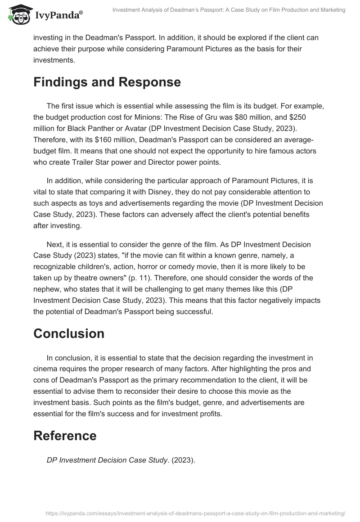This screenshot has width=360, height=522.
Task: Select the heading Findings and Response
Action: pos(107,82)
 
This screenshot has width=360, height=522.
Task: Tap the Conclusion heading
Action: pos(69,333)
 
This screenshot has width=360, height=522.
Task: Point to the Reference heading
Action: pos(65,436)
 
